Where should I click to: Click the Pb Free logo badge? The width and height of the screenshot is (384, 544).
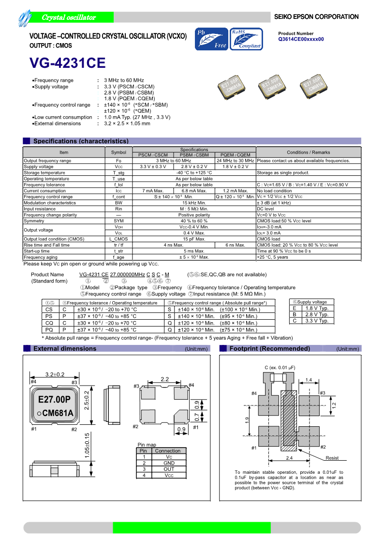[x=211, y=39]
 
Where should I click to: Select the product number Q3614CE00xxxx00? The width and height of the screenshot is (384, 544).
[x=301, y=39]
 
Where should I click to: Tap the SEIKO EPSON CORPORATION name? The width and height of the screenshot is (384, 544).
[x=316, y=17]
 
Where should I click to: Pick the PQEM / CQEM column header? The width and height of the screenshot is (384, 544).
[x=235, y=155]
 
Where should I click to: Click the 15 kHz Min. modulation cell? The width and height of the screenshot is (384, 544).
[x=194, y=203]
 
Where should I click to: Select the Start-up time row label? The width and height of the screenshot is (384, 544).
[x=37, y=251]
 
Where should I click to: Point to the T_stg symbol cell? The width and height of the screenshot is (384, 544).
[x=118, y=172]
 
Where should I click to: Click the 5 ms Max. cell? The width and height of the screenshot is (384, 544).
[x=194, y=251]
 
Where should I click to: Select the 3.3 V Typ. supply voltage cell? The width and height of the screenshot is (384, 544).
[x=317, y=321]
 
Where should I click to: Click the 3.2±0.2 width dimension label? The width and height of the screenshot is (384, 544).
[x=55, y=374]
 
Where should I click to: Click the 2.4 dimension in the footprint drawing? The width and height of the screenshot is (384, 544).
[x=289, y=458]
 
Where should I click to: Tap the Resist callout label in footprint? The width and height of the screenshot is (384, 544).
[x=332, y=458]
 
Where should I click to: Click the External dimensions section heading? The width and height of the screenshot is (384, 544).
[x=65, y=349]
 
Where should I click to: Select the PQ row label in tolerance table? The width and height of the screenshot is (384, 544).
[x=49, y=329]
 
